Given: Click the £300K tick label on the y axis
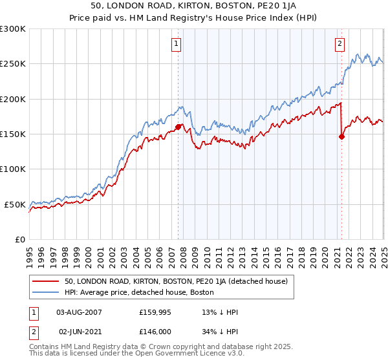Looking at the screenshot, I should (x=13, y=29).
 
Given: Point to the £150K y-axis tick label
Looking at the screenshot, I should (x=13, y=134).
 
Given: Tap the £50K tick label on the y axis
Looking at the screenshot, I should (x=15, y=204).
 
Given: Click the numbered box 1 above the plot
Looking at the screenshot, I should (x=177, y=44).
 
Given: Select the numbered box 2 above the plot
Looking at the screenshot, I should (x=339, y=44).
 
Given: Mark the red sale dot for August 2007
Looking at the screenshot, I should (x=178, y=127).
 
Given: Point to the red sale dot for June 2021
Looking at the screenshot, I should (x=342, y=136).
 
